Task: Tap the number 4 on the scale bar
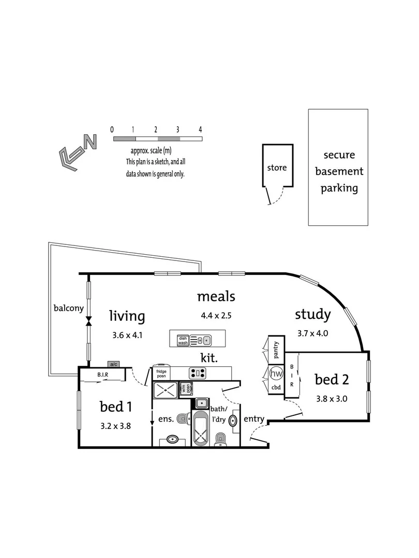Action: tap(200, 130)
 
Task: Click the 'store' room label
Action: tap(277, 167)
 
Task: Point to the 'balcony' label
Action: tap(68, 308)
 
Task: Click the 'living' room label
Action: tap(127, 316)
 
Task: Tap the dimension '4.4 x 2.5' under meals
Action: tap(216, 315)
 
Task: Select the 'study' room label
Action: tap(312, 314)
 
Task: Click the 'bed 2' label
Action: tap(332, 380)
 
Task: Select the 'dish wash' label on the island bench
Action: tap(182, 340)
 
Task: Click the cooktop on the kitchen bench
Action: tap(198, 371)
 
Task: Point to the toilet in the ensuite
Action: tap(183, 418)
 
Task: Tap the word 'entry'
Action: tap(254, 419)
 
